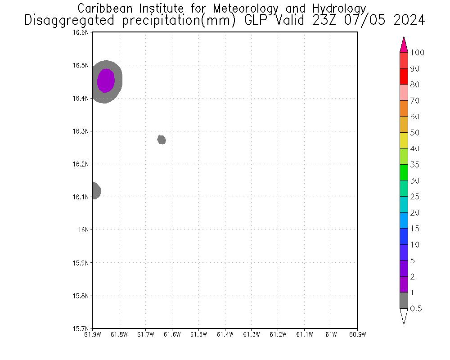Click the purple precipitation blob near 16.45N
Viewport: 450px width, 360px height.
[106, 81]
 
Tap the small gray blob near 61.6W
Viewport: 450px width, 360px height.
[162, 140]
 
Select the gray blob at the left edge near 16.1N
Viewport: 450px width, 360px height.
[94, 190]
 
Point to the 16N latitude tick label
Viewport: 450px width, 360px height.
[84, 229]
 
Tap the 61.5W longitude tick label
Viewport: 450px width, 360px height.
[198, 334]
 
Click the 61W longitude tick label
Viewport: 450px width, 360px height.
[331, 334]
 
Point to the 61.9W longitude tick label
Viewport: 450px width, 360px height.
[92, 334]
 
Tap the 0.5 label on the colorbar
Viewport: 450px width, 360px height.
[416, 309]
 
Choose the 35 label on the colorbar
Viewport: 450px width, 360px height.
[414, 165]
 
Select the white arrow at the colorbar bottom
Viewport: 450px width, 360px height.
[404, 316]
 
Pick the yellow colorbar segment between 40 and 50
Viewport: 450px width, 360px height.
[404, 140]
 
